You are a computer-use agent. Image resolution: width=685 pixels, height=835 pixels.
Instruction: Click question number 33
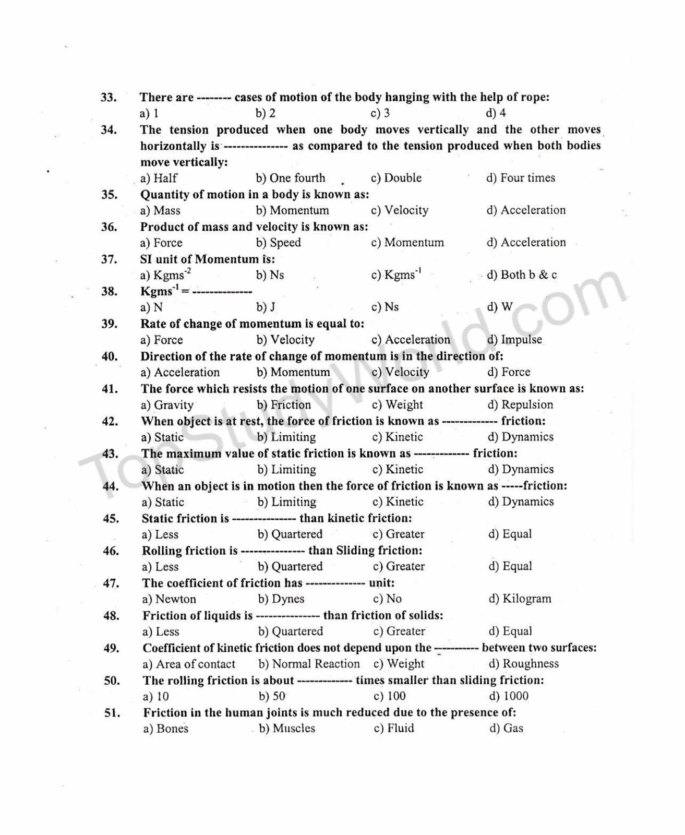coord(109,98)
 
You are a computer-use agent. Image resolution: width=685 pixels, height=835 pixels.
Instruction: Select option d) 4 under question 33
coord(496,113)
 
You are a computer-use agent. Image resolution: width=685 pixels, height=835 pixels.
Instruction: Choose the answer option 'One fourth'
coord(290,178)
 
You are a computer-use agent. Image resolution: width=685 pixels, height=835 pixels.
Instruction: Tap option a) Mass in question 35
coord(160,210)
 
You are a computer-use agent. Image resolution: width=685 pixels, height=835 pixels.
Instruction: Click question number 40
coord(110,356)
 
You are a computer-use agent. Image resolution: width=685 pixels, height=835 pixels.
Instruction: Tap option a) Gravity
coord(167,405)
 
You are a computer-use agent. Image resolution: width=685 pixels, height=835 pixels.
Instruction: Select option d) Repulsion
coord(520,404)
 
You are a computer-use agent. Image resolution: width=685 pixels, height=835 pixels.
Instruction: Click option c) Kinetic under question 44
coord(398,502)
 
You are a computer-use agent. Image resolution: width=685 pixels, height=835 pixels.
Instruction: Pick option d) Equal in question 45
coord(510,534)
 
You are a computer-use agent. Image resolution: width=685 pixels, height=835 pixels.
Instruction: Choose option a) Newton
coord(169,599)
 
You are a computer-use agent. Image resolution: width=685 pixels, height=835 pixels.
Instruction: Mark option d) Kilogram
coord(520,599)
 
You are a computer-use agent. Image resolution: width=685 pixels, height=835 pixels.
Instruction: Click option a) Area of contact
coord(188,664)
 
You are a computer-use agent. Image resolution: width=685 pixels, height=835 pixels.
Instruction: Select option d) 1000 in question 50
coord(509,696)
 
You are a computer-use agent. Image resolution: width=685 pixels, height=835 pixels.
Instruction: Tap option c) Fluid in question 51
coord(394,729)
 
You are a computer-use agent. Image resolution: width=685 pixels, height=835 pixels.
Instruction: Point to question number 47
coord(111,583)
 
